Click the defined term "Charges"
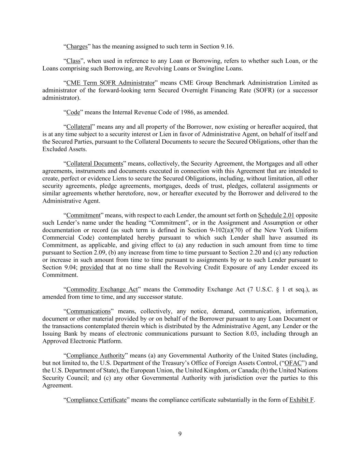(x=77, y=46)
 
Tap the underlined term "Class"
(x=73, y=61)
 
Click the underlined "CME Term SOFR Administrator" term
(x=110, y=83)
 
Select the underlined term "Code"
(x=73, y=112)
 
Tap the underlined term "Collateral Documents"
(x=95, y=164)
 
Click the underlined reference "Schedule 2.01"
(x=276, y=215)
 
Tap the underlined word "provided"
(x=91, y=268)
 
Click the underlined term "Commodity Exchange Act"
(x=102, y=290)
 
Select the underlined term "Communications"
(x=88, y=311)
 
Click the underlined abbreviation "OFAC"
(x=293, y=363)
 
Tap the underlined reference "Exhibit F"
(x=301, y=400)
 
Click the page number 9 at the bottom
(x=180, y=434)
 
